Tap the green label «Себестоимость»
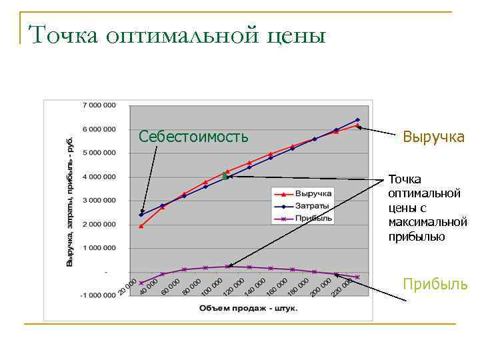click(193, 137)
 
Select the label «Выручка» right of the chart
click(433, 137)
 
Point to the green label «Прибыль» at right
click(435, 285)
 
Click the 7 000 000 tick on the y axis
click(99, 105)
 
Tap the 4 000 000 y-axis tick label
click(99, 177)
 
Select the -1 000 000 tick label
click(97, 296)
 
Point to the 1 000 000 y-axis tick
click(99, 248)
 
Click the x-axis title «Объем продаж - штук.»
click(247, 309)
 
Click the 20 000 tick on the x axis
click(128, 288)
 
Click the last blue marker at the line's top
click(357, 120)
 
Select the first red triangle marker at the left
click(141, 226)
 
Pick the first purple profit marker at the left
click(141, 283)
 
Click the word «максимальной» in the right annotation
click(427, 221)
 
